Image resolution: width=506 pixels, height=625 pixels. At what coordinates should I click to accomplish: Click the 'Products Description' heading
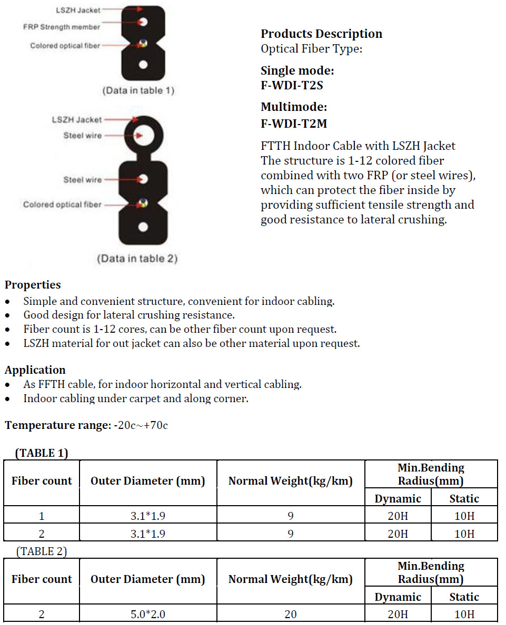pyautogui.click(x=321, y=34)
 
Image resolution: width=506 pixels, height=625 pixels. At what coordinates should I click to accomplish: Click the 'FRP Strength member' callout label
pyautogui.click(x=62, y=27)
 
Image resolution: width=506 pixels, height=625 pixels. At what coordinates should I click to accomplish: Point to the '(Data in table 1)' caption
pyautogui.click(x=138, y=90)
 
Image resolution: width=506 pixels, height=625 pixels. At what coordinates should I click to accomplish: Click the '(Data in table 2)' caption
pyautogui.click(x=137, y=259)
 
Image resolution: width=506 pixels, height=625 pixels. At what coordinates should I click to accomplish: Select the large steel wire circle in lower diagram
pyautogui.click(x=143, y=135)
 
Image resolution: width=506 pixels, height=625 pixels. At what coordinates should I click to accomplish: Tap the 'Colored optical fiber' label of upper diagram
pyautogui.click(x=65, y=46)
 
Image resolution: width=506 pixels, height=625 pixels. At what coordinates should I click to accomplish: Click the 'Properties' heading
pyautogui.click(x=33, y=285)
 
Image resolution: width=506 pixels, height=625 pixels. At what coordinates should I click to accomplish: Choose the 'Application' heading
pyautogui.click(x=35, y=370)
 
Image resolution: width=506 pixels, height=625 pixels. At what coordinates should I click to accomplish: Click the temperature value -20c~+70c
pyautogui.click(x=141, y=425)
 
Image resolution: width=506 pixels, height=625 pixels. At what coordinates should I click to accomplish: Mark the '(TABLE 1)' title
pyautogui.click(x=42, y=453)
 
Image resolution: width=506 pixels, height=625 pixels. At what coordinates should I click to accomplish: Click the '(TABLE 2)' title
pyautogui.click(x=42, y=551)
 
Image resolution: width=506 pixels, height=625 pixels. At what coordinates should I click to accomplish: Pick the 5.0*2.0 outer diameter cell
pyautogui.click(x=148, y=614)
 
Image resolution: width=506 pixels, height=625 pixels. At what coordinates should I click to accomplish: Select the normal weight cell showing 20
pyautogui.click(x=291, y=614)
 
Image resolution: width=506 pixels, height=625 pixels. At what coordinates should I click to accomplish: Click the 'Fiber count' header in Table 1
pyautogui.click(x=42, y=481)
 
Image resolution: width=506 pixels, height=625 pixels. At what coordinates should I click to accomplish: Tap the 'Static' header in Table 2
pyautogui.click(x=464, y=597)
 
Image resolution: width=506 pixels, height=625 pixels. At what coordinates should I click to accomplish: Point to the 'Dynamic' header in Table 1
pyautogui.click(x=398, y=499)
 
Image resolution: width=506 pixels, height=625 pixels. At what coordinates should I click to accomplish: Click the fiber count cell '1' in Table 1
pyautogui.click(x=42, y=516)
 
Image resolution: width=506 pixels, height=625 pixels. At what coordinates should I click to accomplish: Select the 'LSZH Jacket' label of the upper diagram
pyautogui.click(x=78, y=9)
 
